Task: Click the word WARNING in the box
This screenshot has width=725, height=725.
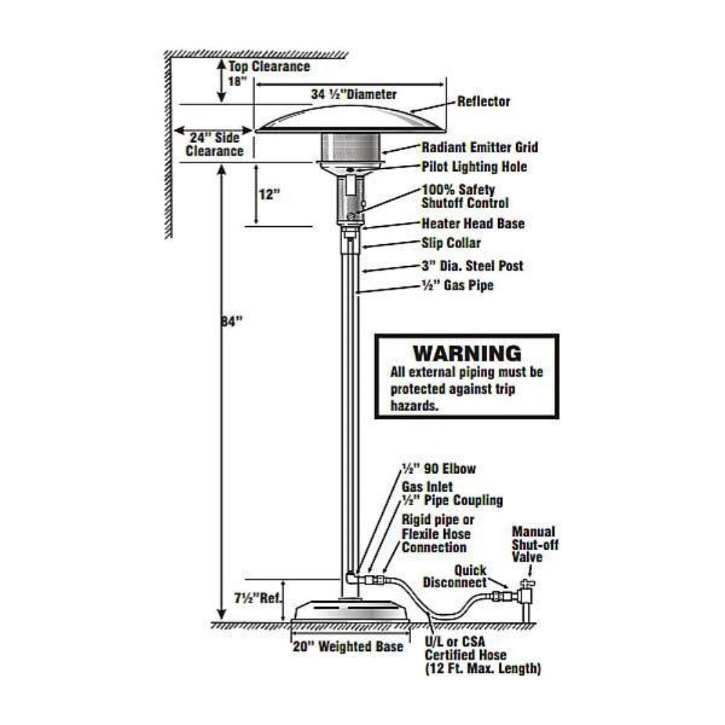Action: click(x=466, y=354)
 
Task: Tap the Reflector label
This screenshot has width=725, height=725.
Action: click(x=483, y=101)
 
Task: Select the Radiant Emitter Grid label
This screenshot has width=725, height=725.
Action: click(x=479, y=147)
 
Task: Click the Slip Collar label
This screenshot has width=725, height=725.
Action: click(x=451, y=243)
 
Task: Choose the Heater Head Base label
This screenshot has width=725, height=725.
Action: click(x=473, y=223)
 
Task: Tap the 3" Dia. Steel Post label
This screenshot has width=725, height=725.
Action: click(x=472, y=266)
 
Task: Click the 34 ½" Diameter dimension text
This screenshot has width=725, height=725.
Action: click(x=354, y=94)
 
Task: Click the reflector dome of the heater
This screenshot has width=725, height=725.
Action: click(x=351, y=116)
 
